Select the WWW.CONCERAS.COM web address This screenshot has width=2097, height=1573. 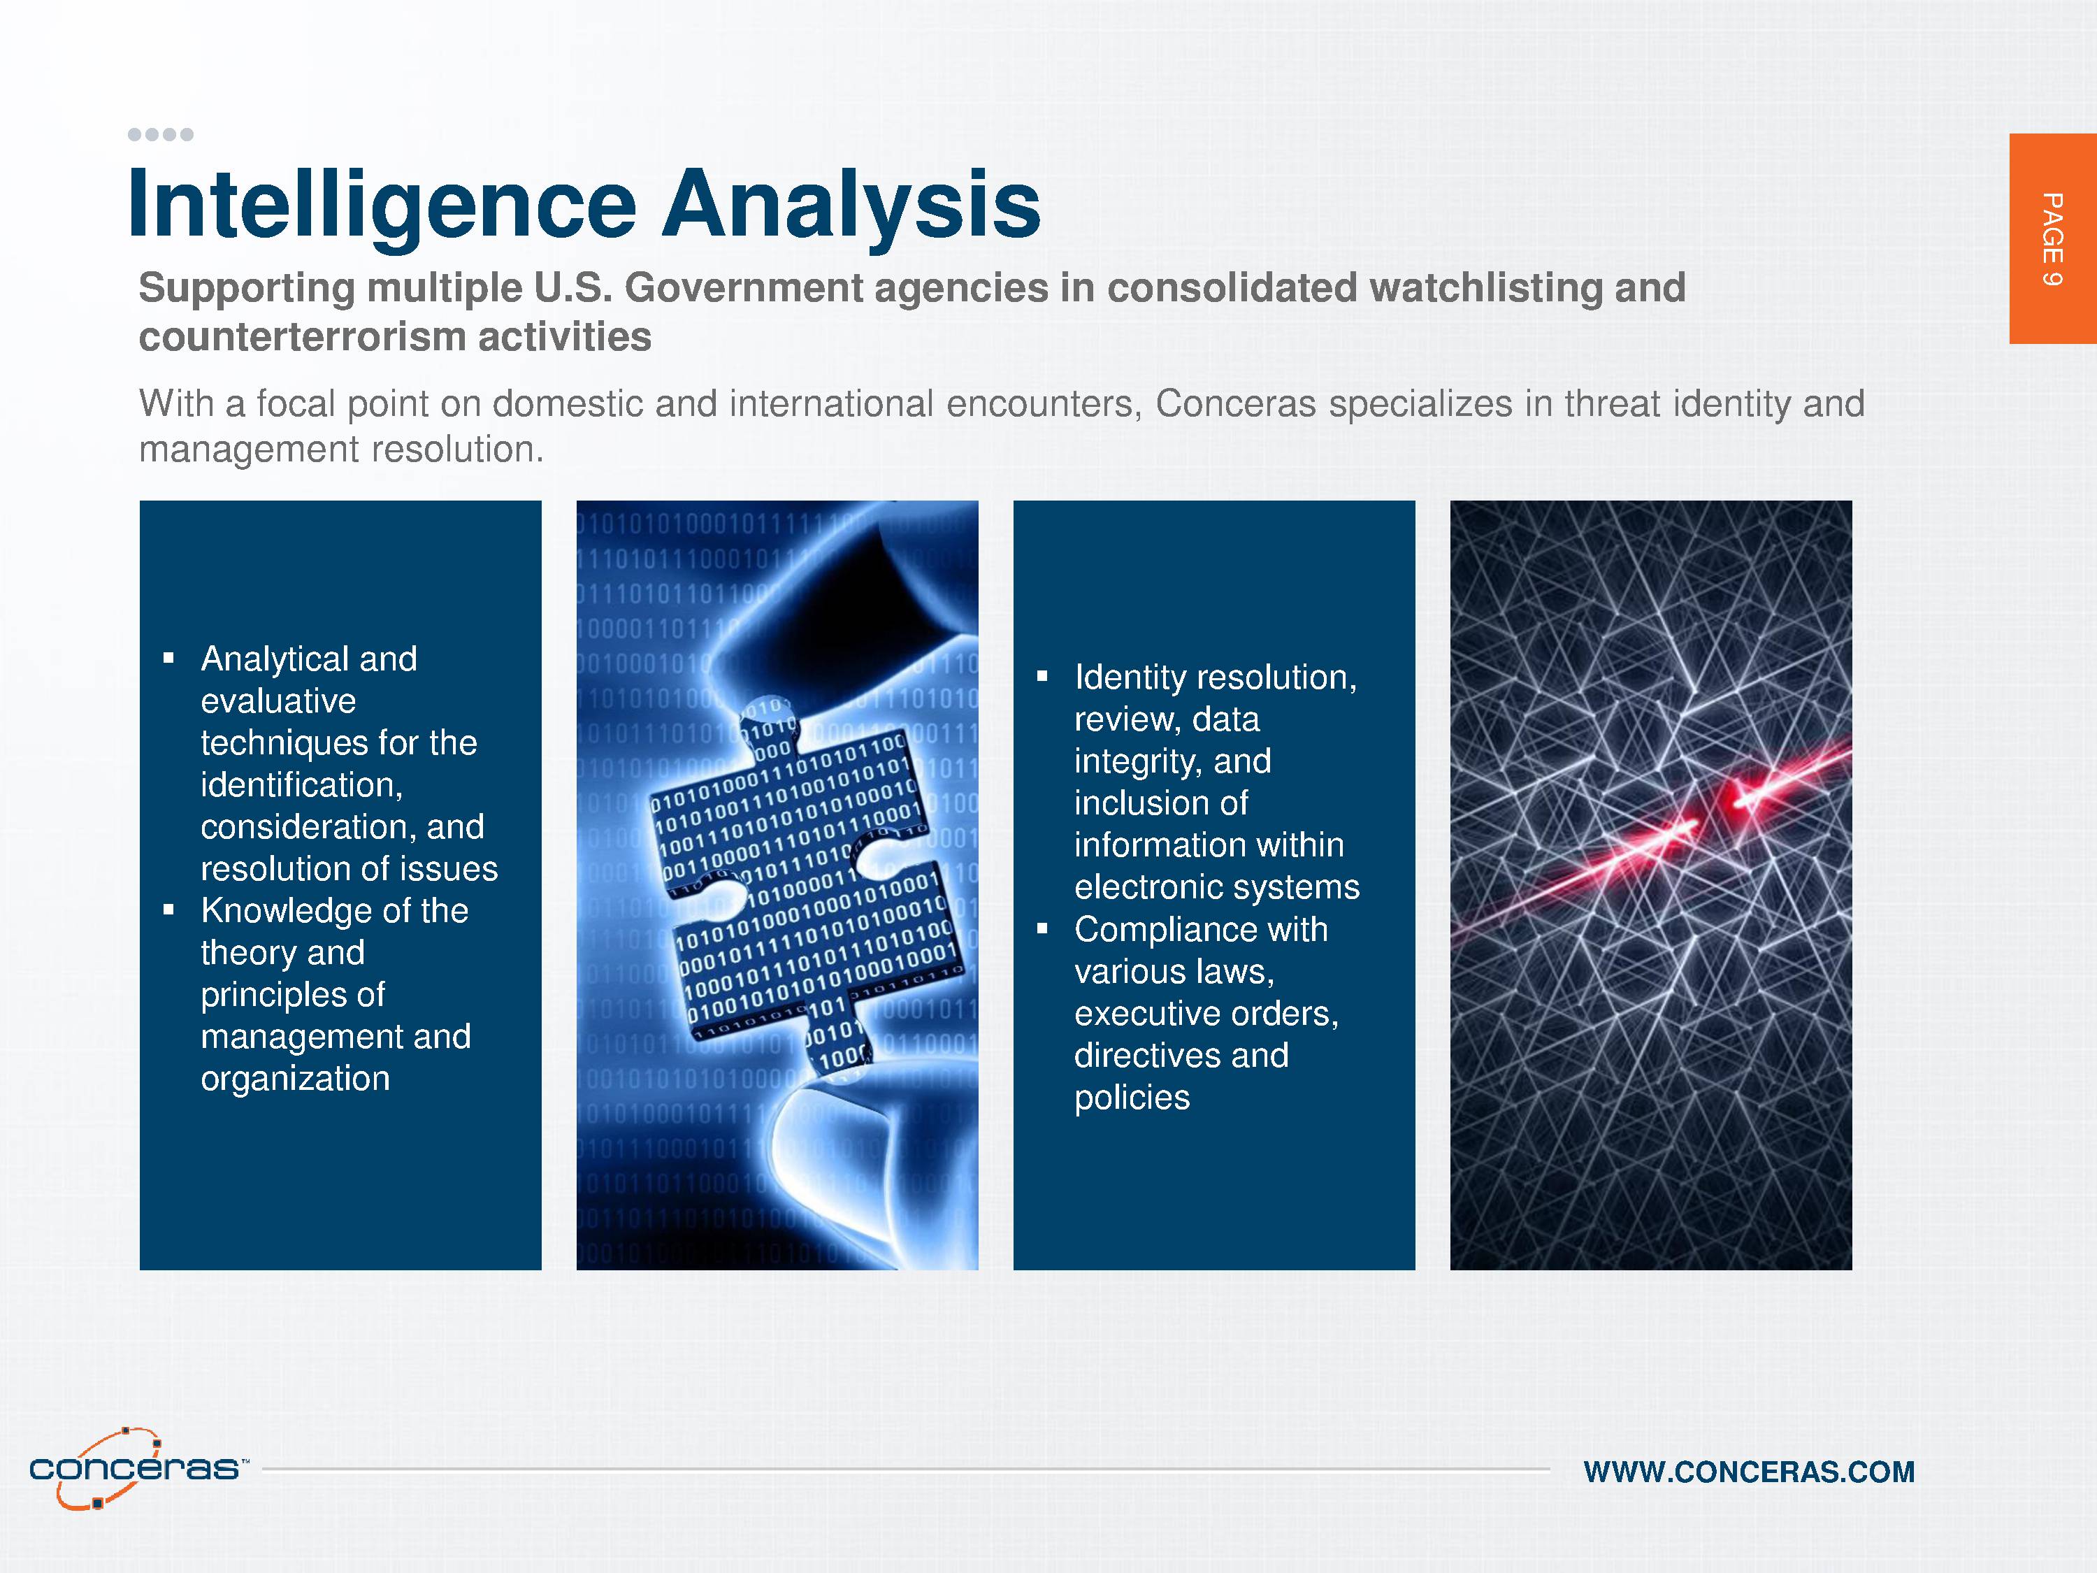point(1749,1472)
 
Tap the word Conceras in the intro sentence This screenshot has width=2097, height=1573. point(1235,404)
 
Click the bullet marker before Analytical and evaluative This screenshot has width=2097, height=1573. point(168,658)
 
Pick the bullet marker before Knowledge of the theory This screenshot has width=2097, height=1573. point(168,910)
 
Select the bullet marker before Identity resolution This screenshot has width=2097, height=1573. point(1042,677)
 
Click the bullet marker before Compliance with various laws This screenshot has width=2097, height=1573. point(1042,929)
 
